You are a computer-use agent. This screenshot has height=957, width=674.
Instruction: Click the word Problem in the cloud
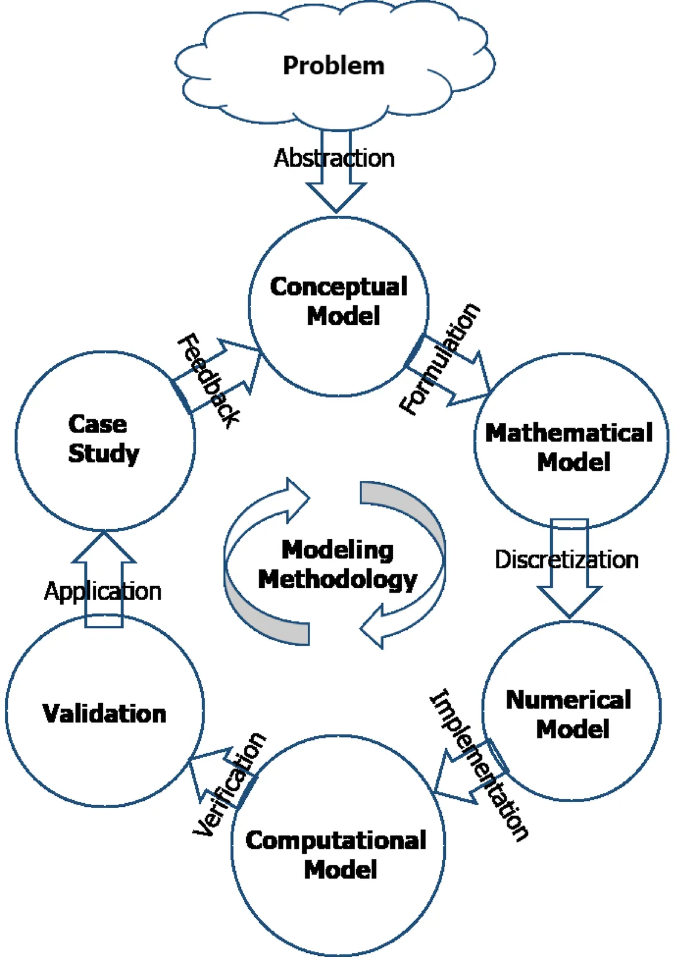[333, 66]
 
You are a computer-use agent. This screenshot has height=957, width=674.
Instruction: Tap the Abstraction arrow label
[334, 159]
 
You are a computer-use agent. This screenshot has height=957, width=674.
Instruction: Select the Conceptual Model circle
[339, 306]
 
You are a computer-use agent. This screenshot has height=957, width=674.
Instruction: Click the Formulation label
[440, 359]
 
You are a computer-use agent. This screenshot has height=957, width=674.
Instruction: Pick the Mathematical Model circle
[571, 441]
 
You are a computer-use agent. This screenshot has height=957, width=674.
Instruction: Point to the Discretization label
[566, 560]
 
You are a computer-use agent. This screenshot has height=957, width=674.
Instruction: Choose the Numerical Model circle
[571, 711]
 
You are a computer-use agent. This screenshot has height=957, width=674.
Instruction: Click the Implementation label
[480, 766]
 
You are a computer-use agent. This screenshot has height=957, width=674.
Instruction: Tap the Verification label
[229, 784]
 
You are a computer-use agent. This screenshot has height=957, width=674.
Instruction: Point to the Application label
[103, 591]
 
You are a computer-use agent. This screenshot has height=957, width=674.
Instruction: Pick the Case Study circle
[105, 440]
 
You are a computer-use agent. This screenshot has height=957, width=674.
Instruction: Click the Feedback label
[209, 380]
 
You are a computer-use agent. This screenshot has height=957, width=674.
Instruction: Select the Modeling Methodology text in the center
[337, 565]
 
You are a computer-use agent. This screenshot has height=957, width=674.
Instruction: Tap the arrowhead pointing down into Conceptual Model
[336, 197]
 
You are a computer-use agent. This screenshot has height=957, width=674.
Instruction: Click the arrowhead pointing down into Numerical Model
[569, 602]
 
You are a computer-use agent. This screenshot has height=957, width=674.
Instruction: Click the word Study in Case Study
[103, 453]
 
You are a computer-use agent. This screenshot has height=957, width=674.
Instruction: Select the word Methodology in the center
[337, 580]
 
